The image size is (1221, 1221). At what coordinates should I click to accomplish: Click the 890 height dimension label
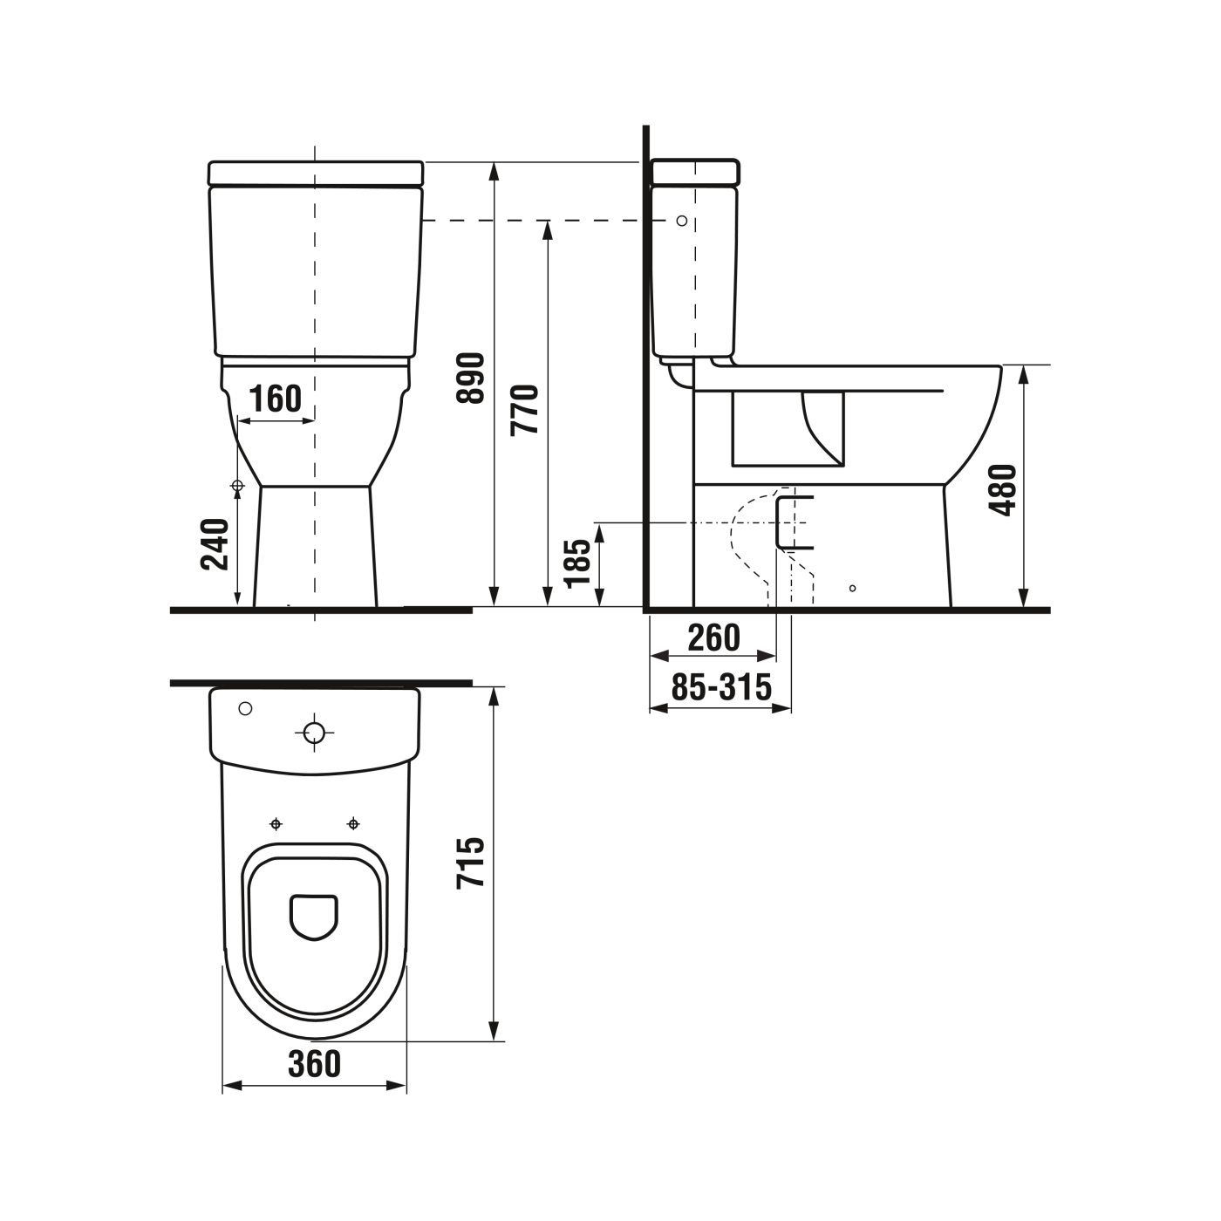point(471,378)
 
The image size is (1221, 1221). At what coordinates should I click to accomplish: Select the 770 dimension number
point(525,409)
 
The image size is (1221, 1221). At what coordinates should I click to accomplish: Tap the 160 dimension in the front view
point(275,399)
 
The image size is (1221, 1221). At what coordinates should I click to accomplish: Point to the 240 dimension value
point(215,544)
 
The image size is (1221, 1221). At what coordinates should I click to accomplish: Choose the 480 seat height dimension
point(1004,490)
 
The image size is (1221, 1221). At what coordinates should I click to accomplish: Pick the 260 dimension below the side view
point(713,638)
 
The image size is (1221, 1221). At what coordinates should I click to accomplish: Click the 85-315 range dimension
point(721,688)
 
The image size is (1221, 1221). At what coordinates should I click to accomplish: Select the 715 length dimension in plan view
point(471,863)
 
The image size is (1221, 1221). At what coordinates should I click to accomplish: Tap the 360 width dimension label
point(314,1063)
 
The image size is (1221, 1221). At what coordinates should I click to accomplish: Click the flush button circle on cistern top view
point(315,733)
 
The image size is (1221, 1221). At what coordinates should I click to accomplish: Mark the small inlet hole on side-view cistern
point(682,221)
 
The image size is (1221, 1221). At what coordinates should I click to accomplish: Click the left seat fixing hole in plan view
point(276,823)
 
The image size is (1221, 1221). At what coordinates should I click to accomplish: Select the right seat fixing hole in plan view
point(353,823)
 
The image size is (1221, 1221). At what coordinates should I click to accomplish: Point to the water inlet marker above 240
point(236,486)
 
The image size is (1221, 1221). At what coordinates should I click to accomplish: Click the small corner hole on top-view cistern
point(245,708)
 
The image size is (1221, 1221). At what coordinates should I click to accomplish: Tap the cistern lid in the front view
point(316,172)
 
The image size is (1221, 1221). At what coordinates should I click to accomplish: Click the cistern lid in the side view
point(695,172)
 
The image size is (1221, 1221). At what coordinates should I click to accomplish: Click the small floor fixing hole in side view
point(853,588)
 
